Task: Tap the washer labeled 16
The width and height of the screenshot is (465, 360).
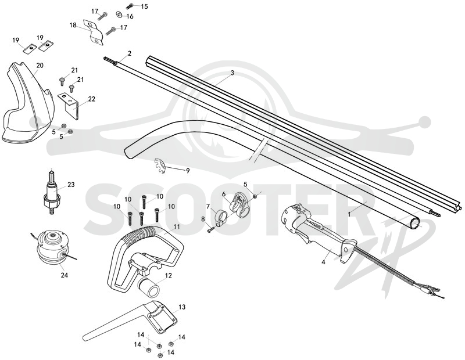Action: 120,14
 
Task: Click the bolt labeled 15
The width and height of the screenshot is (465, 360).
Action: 130,5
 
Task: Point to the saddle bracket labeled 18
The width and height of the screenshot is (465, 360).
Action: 93,32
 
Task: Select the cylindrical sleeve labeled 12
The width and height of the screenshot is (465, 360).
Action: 150,287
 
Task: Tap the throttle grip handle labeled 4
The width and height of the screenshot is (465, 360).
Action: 320,234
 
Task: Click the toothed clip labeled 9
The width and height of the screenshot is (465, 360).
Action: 159,166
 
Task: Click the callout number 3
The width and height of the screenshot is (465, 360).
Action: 232,73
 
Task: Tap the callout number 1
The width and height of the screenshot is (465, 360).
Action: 350,214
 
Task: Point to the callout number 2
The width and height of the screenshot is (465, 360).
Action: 129,53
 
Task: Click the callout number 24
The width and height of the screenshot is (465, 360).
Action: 65,275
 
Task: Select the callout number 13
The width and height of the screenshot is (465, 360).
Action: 182,307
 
